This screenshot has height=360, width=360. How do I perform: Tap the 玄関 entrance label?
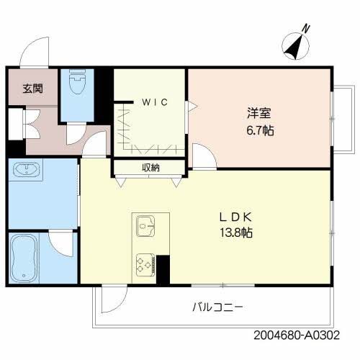32,89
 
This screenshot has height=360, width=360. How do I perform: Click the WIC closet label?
154,102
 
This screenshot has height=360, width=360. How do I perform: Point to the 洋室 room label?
258,113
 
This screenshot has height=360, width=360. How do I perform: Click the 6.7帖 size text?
258,131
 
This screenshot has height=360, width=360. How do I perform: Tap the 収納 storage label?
150,168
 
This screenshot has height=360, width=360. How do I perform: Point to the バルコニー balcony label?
217,307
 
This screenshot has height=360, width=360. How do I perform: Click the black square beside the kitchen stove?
163,269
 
